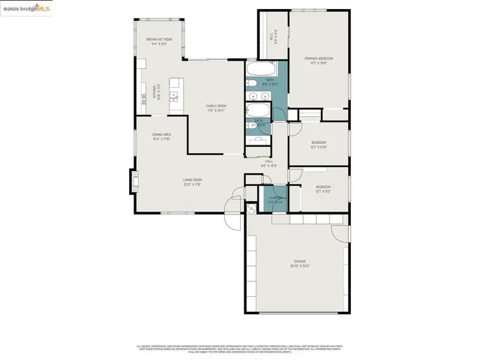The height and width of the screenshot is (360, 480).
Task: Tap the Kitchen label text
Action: pyautogui.click(x=156, y=92)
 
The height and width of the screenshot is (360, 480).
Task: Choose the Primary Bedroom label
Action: pyautogui.click(x=319, y=60)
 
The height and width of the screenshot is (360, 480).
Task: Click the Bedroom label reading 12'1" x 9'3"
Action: pyautogui.click(x=322, y=188)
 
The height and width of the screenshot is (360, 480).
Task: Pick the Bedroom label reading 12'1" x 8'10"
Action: pyautogui.click(x=319, y=144)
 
